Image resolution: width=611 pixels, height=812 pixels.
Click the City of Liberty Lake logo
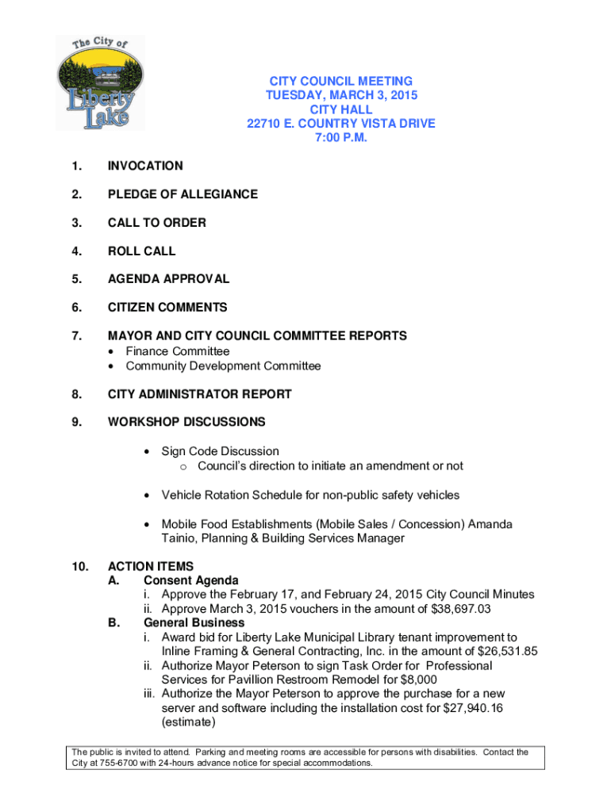click(100, 83)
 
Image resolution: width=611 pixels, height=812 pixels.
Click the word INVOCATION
click(145, 166)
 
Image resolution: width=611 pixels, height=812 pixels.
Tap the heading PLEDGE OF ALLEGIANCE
click(183, 194)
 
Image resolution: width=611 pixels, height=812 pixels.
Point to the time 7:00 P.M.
click(340, 138)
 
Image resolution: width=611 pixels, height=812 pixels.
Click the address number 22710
click(264, 124)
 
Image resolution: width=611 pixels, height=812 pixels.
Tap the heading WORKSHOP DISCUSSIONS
click(186, 422)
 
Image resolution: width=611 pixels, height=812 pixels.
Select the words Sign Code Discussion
click(220, 451)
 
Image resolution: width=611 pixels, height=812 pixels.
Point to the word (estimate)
click(190, 723)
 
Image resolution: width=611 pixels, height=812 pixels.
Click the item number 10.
click(79, 566)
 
